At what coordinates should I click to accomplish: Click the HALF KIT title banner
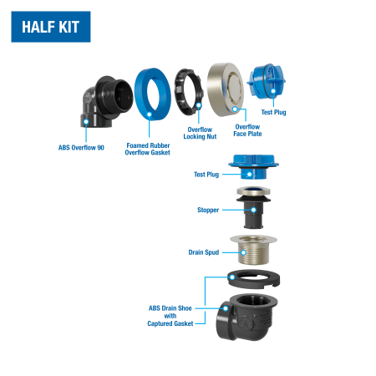click(51, 27)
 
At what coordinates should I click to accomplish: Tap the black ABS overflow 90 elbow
click(107, 102)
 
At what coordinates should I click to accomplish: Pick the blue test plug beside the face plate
click(266, 81)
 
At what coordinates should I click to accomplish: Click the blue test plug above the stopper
click(253, 167)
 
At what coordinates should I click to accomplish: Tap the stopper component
click(253, 207)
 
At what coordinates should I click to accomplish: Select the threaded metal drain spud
click(253, 250)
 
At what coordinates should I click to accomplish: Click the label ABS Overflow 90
click(81, 148)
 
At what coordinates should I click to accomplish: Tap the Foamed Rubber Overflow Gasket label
click(148, 149)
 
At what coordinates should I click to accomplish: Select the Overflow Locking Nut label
click(200, 133)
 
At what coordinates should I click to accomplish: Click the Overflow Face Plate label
click(247, 130)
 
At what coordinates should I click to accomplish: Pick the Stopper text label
click(208, 210)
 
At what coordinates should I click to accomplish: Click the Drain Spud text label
click(204, 252)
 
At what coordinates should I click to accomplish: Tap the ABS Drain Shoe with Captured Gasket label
click(170, 316)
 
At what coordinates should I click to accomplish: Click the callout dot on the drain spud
click(244, 252)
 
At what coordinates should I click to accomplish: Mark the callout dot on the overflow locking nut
click(199, 105)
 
